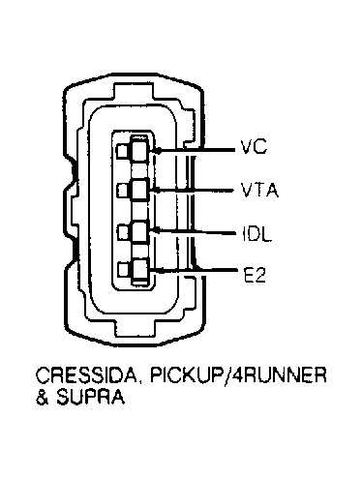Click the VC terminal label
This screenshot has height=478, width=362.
(254, 147)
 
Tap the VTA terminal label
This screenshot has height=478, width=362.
(259, 190)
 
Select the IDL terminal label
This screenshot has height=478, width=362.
(256, 234)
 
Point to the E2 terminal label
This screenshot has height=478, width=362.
(255, 275)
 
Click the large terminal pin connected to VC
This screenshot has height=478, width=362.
(139, 150)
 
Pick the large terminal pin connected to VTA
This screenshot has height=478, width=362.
(139, 190)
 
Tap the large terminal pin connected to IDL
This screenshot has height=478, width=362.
(139, 231)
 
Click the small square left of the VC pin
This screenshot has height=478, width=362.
(122, 151)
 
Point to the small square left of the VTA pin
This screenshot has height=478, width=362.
(122, 190)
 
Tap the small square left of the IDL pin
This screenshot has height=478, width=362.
(122, 232)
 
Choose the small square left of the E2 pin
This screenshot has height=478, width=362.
(122, 270)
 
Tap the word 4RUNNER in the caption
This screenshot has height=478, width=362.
(280, 374)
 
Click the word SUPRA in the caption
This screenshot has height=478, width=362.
(90, 397)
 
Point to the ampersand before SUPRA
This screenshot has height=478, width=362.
(42, 397)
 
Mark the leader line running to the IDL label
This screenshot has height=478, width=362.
(195, 231)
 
